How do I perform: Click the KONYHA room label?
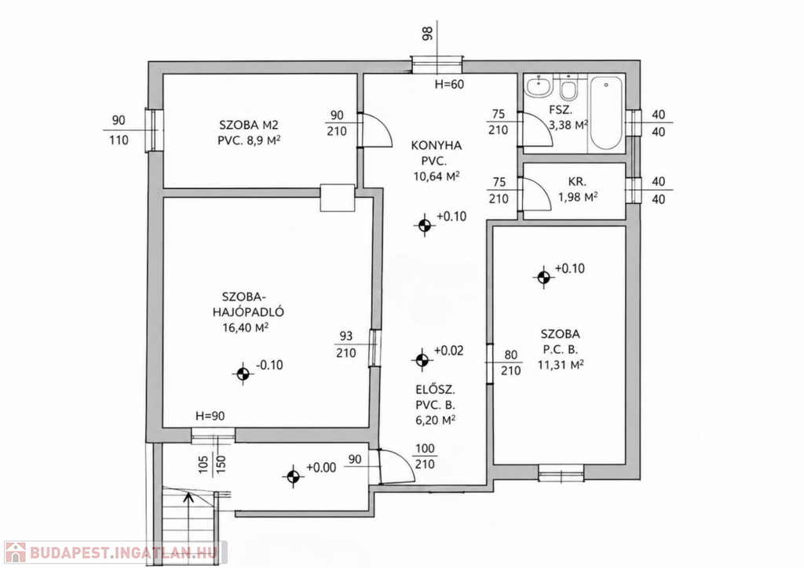[x=437, y=145]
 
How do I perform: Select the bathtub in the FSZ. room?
[x=606, y=113]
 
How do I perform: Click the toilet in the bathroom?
[x=568, y=87]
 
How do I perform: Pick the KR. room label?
[x=577, y=181]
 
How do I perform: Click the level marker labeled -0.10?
[x=243, y=374]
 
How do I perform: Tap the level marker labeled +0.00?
[x=293, y=477]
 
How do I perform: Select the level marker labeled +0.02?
[x=422, y=360]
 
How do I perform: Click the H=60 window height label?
[x=449, y=84]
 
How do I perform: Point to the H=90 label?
[x=210, y=416]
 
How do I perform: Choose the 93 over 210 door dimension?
[x=346, y=344]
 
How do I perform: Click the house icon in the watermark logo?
[x=15, y=552]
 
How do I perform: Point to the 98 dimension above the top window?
[x=428, y=33]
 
